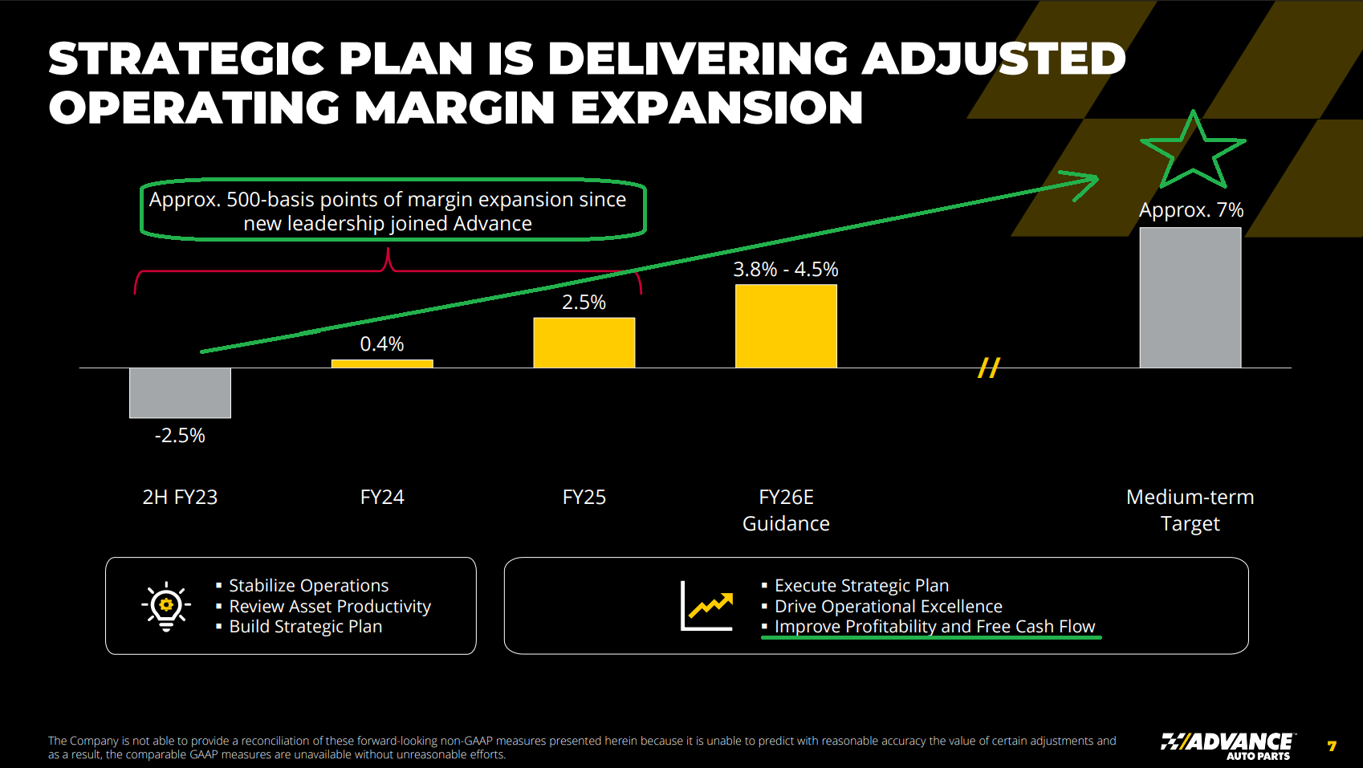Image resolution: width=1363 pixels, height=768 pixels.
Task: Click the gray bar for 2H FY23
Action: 180,392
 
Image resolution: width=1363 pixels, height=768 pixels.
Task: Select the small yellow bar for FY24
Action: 382,364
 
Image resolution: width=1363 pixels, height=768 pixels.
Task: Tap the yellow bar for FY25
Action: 584,343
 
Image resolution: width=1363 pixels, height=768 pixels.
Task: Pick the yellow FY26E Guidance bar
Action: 786,326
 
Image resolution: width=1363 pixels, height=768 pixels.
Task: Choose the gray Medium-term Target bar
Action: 1190,298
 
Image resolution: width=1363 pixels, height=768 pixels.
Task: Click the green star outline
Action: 1193,152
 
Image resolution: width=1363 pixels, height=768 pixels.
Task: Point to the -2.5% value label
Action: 180,436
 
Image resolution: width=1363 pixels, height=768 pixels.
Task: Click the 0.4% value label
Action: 382,344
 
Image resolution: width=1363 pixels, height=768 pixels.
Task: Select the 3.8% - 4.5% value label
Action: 785,270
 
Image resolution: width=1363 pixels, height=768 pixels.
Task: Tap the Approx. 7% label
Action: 1191,210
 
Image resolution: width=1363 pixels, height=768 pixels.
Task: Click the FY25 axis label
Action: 584,498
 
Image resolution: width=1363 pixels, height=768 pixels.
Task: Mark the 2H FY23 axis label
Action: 180,498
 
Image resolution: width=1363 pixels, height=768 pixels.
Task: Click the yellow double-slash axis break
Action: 989,368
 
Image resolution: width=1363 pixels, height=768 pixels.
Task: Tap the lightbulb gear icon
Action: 166,606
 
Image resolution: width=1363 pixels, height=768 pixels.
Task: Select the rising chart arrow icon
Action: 706,606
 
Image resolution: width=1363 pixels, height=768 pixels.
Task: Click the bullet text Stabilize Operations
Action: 308,586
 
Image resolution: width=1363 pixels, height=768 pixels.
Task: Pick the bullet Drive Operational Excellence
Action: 888,607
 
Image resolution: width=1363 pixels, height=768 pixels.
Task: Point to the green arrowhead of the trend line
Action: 1084,182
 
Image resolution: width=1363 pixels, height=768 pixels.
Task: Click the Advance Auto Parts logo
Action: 1227,746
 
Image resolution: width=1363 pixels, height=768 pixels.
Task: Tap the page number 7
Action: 1332,746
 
